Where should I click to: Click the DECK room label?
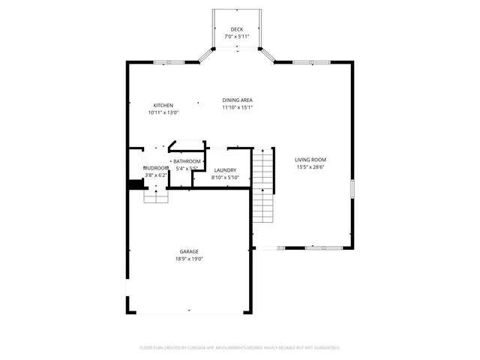(x=237, y=28)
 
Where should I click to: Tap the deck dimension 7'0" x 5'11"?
(x=237, y=36)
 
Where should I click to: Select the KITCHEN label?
(x=163, y=105)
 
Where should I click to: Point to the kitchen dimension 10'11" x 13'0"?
(x=163, y=112)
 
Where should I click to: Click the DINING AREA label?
(x=237, y=100)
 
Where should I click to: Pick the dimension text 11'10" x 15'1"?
(x=237, y=107)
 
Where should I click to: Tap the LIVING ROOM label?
(x=310, y=159)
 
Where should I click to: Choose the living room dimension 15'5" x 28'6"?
(x=310, y=166)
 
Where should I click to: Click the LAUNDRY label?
(x=225, y=170)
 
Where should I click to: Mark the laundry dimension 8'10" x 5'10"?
(x=225, y=178)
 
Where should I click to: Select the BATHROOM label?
(x=187, y=161)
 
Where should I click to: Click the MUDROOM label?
(x=156, y=167)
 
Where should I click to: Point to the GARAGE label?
(x=188, y=251)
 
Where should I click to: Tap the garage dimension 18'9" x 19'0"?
(x=188, y=259)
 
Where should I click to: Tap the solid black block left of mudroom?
(x=135, y=184)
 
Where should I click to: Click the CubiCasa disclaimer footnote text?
(x=240, y=348)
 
